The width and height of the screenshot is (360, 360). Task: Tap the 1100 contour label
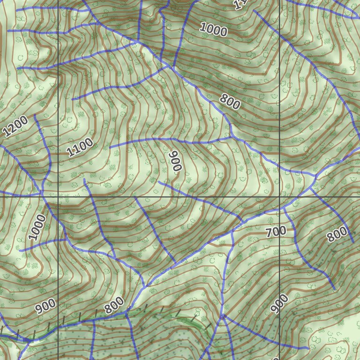click(80, 148)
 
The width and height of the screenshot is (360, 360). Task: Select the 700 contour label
click(276, 232)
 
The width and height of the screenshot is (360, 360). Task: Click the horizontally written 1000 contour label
click(213, 29)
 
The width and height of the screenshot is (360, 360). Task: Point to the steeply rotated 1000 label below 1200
click(37, 227)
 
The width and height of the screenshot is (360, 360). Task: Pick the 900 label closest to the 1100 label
click(175, 161)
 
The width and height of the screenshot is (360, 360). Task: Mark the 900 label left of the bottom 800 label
click(45, 306)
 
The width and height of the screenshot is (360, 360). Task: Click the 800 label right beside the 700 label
click(337, 233)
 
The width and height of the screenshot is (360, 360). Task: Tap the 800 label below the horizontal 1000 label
click(230, 102)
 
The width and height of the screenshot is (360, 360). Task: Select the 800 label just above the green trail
click(114, 306)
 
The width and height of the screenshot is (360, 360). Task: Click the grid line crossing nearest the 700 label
click(280, 197)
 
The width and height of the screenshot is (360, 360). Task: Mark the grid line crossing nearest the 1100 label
click(58, 197)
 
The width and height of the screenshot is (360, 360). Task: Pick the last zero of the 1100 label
click(89, 142)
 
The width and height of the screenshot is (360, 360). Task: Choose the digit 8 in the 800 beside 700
click(331, 236)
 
